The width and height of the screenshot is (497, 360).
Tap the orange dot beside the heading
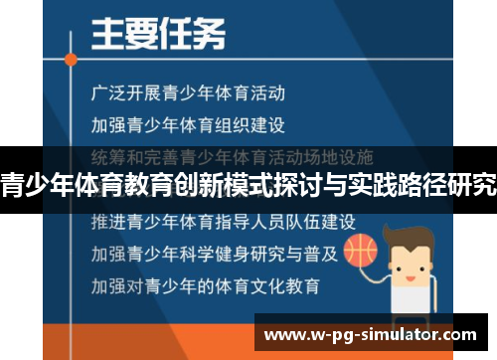click(70, 59)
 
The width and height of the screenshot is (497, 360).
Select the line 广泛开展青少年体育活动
click(187, 94)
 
